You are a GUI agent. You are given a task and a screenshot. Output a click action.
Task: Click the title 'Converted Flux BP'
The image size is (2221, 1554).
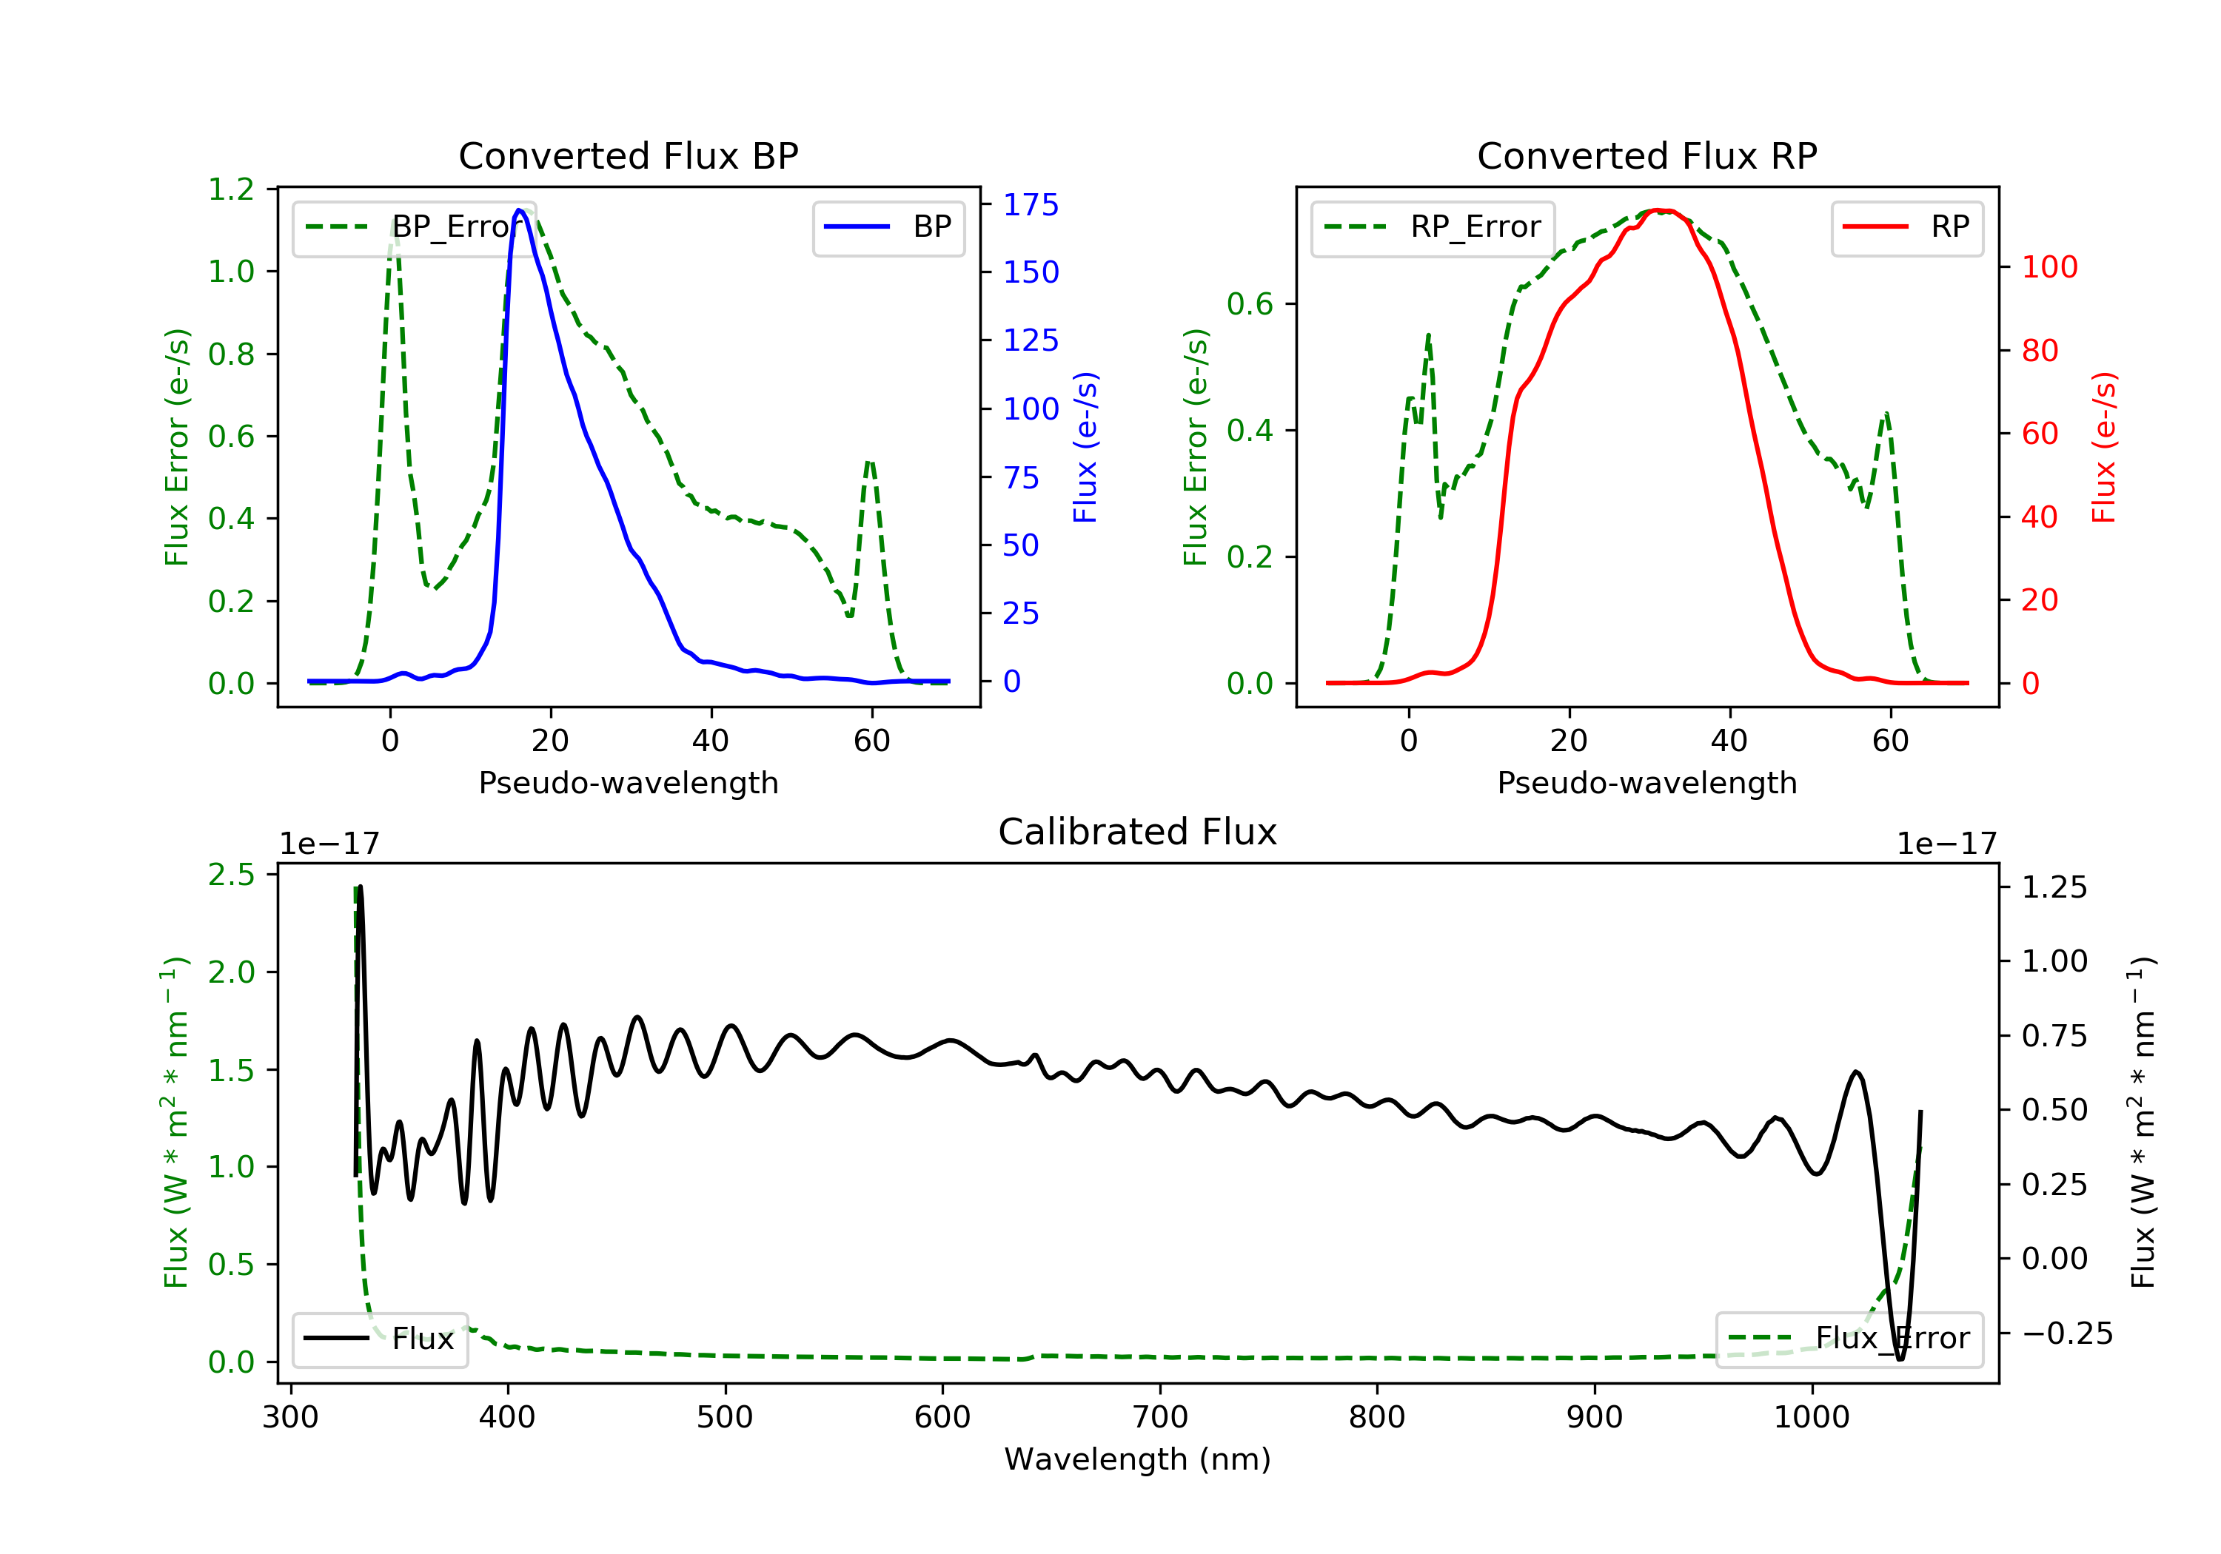click(628, 155)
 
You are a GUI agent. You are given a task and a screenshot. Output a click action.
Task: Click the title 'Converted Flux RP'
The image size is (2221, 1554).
click(1647, 155)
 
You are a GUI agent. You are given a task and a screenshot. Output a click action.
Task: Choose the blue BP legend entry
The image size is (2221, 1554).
click(888, 227)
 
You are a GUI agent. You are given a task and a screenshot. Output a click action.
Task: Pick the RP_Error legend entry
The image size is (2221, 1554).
click(1433, 227)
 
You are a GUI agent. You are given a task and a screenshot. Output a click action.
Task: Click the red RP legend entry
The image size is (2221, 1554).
click(1906, 227)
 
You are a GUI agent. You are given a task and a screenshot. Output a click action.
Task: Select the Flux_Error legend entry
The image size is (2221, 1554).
click(1849, 1339)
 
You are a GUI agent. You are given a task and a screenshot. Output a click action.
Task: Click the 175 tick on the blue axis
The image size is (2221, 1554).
click(1031, 205)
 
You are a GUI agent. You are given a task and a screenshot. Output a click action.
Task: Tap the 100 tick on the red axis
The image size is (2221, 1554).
click(2049, 267)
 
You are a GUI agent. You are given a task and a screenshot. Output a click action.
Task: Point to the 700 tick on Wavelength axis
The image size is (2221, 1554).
click(1160, 1418)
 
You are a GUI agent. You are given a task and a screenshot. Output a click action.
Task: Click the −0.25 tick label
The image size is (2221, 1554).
click(2066, 1333)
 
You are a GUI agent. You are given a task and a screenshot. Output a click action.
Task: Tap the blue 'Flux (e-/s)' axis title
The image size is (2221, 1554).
click(1085, 447)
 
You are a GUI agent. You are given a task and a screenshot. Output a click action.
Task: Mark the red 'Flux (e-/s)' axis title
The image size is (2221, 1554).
click(2104, 447)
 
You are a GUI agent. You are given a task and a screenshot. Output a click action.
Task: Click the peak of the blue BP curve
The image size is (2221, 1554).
click(520, 210)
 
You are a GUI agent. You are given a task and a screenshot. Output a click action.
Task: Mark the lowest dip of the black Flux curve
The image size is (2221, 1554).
click(1900, 1359)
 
